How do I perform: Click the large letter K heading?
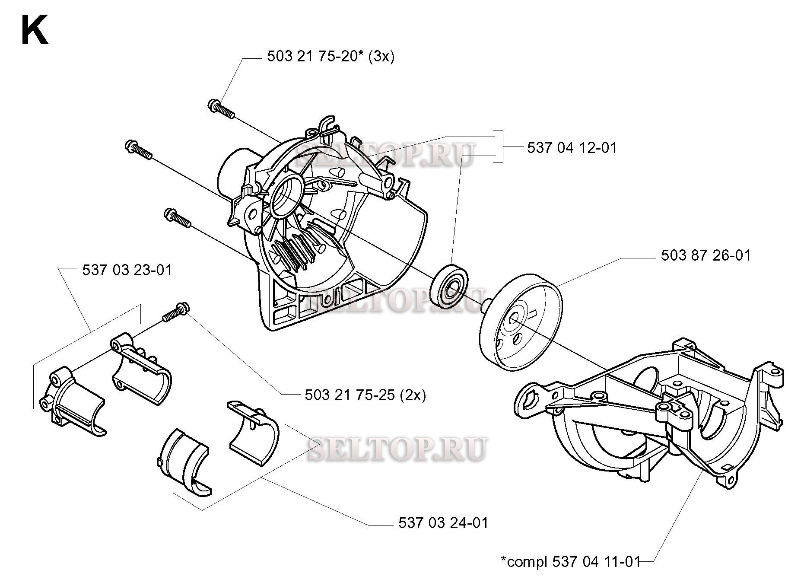tap(35, 31)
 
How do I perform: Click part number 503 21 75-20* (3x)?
tap(330, 57)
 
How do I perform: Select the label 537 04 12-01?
tap(572, 148)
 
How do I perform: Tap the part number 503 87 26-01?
tap(705, 255)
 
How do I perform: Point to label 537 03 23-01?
tap(127, 271)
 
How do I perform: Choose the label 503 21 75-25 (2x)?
tap(365, 395)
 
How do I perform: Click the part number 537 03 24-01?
tap(443, 523)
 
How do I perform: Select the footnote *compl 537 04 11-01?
tap(569, 562)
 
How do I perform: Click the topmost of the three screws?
tap(221, 108)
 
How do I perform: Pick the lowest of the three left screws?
tap(177, 218)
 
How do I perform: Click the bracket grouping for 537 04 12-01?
tap(501, 147)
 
